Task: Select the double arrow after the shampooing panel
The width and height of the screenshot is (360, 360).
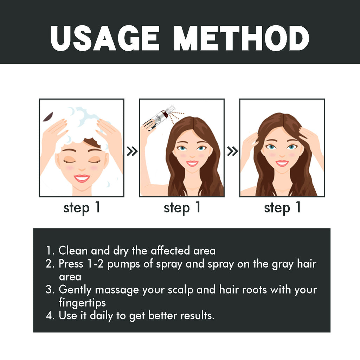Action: coord(132,152)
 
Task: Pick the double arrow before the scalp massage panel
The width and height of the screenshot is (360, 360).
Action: coord(232,152)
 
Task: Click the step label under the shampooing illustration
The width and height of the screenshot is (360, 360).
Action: coord(82,208)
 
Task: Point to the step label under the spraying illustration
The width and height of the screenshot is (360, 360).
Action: coord(182,208)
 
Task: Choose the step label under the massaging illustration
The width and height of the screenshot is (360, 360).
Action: coord(282,208)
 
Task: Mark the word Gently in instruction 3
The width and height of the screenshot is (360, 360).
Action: coord(75,290)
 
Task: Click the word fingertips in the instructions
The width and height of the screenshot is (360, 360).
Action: coord(82,303)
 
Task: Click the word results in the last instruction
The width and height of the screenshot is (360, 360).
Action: coord(197,315)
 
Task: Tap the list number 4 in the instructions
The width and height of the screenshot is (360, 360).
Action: coord(50,315)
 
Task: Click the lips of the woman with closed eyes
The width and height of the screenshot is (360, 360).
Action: coord(82,178)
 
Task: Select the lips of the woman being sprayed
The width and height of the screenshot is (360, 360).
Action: coord(192,163)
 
